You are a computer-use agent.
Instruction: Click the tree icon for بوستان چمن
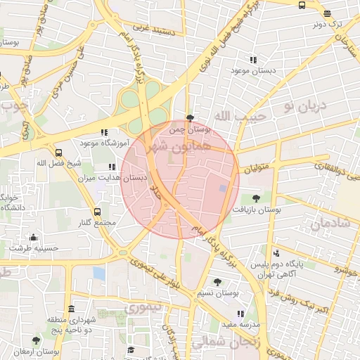point(190,118)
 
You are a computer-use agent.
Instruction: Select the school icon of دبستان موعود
point(253,60)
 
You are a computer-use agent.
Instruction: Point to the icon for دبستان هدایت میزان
point(112,167)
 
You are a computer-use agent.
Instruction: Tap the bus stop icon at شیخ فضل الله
point(58,152)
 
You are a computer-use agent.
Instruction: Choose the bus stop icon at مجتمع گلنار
point(97,211)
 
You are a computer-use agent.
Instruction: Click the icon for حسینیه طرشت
point(32,237)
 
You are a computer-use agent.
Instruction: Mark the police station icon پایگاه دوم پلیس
point(276,252)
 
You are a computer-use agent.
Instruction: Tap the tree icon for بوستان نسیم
point(217,281)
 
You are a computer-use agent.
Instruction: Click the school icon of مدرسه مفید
point(241,313)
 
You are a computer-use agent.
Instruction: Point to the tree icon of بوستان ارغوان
point(37,340)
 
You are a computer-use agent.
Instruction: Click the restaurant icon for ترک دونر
point(326,13)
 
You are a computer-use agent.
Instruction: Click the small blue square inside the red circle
point(224,188)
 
